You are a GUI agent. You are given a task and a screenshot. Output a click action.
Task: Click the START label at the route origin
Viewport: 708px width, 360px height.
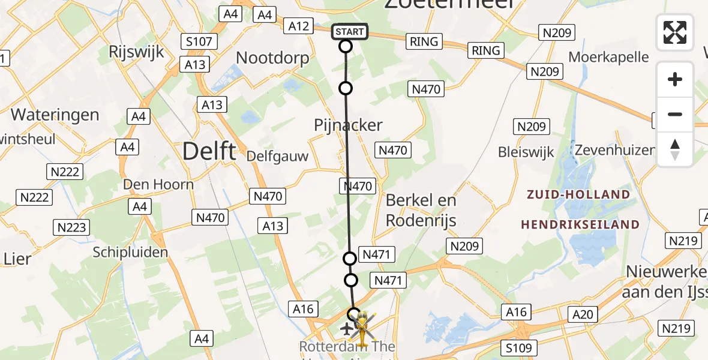(x=349, y=31)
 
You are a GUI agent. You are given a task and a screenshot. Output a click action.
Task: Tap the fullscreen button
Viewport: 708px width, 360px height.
(x=675, y=32)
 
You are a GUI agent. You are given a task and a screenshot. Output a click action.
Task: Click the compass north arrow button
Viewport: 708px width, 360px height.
(x=675, y=149)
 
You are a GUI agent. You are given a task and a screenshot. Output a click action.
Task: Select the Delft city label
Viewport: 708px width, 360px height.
(x=209, y=151)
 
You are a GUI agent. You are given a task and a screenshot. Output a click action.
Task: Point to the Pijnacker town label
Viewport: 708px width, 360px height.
(x=348, y=125)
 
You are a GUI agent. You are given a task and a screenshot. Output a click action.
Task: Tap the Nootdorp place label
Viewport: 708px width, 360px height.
(x=273, y=58)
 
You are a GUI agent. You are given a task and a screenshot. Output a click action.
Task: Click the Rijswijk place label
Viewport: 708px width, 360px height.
(x=137, y=52)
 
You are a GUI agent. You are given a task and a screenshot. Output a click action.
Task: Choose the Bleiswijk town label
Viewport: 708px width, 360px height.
(x=525, y=152)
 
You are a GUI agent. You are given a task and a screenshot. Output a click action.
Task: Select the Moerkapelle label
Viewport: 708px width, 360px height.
(x=608, y=57)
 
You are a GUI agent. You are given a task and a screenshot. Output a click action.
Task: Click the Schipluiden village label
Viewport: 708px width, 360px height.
(x=130, y=252)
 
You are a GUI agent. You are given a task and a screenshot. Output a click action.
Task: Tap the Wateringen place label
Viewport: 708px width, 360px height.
(x=55, y=114)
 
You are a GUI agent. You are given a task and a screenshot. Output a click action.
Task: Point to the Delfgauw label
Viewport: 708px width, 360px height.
(x=277, y=157)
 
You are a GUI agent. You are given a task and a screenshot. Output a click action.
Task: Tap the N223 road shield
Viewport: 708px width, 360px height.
(x=71, y=227)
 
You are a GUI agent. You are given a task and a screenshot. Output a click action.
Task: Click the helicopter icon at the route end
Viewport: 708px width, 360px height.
(x=363, y=325)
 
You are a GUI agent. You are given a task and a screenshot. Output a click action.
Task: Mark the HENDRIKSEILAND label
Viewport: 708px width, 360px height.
(x=580, y=224)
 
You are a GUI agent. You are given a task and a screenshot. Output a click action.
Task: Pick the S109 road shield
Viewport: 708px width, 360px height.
(x=518, y=348)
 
